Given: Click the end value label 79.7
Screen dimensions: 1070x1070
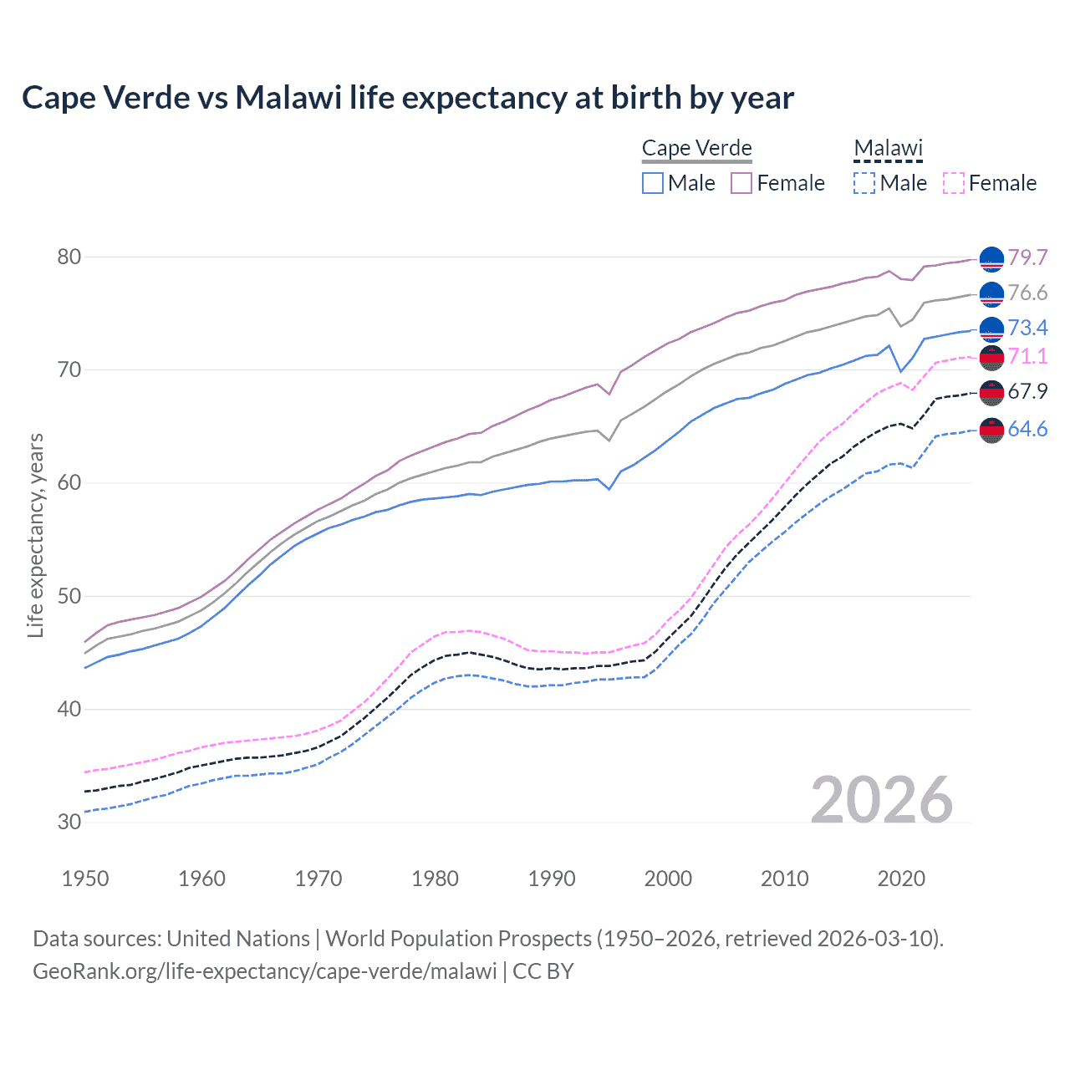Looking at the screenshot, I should coord(1027,257).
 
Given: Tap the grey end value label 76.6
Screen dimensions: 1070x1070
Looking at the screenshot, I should coord(1027,293).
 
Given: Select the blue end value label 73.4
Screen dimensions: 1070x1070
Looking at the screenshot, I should coord(1027,328).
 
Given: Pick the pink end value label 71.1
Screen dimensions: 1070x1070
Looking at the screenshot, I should coord(1027,356).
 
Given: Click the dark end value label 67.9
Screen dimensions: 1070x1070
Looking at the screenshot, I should coord(1027,391).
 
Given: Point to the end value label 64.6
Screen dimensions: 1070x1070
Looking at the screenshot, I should coord(1027,429).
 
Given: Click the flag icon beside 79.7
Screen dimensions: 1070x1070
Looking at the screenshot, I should coord(991,259).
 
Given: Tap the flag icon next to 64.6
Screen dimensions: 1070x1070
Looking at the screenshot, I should coord(991,430).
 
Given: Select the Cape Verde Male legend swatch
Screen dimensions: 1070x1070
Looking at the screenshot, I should coord(653,183).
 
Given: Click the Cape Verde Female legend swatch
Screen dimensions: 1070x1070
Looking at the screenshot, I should coord(741,183).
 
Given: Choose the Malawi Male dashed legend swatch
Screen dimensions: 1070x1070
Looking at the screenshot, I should coord(864,183).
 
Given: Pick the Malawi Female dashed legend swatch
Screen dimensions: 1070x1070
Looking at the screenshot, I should coord(953,183).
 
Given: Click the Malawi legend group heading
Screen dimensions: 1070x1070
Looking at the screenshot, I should coord(888,149).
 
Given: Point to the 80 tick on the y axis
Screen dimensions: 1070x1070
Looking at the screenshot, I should coord(69,257).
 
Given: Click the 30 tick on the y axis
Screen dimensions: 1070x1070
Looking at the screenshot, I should coord(69,822).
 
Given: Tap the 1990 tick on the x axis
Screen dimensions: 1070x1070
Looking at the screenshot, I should coord(552,879).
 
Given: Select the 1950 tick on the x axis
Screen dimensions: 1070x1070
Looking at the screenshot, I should coord(85,879).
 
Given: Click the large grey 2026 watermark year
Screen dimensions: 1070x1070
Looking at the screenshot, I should coord(881,800).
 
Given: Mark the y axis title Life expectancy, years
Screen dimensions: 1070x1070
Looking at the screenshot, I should coord(36,535).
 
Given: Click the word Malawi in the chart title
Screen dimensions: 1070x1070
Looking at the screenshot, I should coord(288,98).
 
